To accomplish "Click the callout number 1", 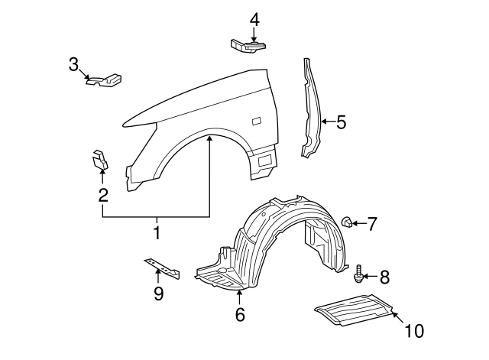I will [157, 232].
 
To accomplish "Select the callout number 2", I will [103, 196].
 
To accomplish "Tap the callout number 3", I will [74, 64].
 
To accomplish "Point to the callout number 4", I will [254, 18].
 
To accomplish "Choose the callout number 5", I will [341, 121].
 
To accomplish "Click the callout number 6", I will [239, 313].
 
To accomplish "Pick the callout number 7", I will [372, 223].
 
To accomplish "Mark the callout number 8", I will [384, 276].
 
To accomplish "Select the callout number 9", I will [159, 293].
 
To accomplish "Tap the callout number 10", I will [413, 331].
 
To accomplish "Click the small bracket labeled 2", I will [100, 158].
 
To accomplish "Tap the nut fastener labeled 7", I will [346, 222].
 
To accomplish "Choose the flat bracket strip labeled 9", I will [162, 268].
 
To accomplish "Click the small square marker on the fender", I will [255, 120].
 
